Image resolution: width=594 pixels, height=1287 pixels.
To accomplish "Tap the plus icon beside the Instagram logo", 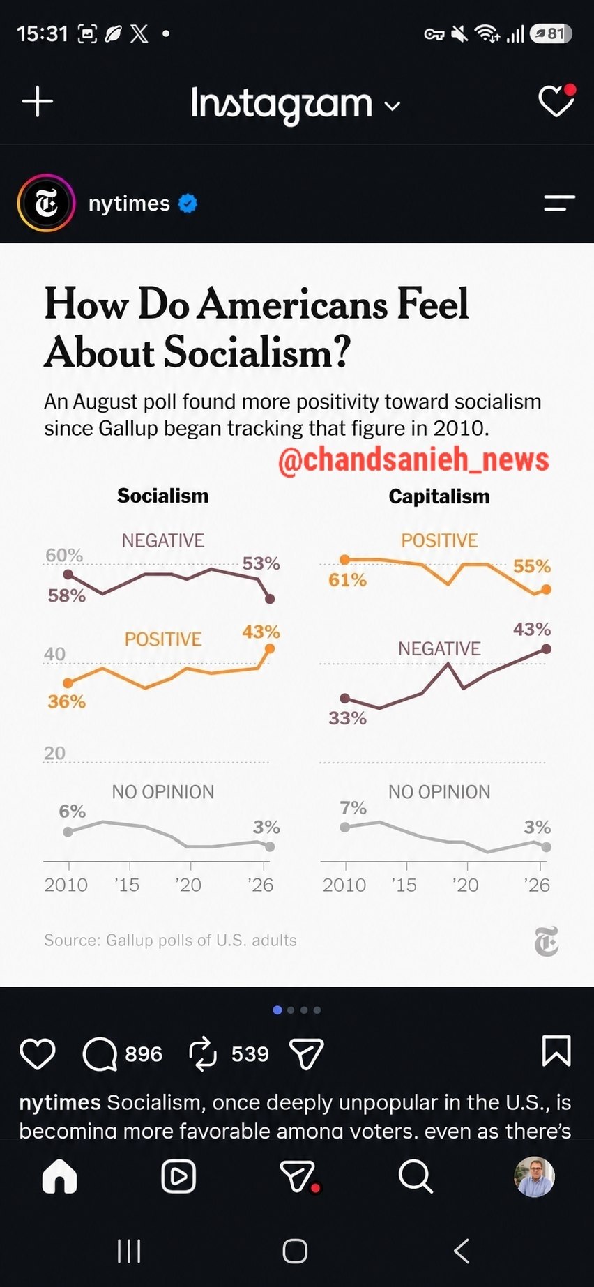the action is (x=38, y=102).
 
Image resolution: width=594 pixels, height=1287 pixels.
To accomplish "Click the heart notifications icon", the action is (x=556, y=101).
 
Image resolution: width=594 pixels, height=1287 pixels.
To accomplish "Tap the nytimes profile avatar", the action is (x=46, y=203).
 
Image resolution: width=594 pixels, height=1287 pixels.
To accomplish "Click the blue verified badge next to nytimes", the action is (x=188, y=203).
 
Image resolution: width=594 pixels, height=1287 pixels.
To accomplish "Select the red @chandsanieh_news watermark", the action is (x=413, y=460).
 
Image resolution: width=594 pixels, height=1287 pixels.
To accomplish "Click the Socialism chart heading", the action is (x=162, y=496).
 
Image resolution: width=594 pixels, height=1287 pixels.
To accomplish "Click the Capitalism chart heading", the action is (x=439, y=496).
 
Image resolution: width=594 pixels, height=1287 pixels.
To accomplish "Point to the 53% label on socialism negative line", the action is (x=261, y=563).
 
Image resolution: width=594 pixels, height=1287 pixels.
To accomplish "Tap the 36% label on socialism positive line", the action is (x=66, y=701).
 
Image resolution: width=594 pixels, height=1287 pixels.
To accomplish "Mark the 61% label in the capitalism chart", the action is (x=347, y=580).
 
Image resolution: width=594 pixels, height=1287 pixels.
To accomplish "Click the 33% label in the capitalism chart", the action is (x=347, y=718).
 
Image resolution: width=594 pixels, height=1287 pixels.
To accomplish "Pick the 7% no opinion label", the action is (x=353, y=808).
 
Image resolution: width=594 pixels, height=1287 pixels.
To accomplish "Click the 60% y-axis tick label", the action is (x=64, y=556).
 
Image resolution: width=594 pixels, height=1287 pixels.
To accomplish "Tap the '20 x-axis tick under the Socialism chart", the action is (x=188, y=885).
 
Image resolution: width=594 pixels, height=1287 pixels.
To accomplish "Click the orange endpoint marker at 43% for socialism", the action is (x=270, y=649).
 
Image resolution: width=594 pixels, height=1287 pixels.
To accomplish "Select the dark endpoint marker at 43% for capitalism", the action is (x=547, y=649).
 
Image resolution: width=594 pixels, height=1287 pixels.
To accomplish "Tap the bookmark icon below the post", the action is (x=556, y=1051).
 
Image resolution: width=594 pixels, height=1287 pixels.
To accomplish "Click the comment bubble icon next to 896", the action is (x=100, y=1053).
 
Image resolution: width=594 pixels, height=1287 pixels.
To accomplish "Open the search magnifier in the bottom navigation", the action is (x=416, y=1177).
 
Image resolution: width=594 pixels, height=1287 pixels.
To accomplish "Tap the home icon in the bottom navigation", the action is (x=60, y=1177).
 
